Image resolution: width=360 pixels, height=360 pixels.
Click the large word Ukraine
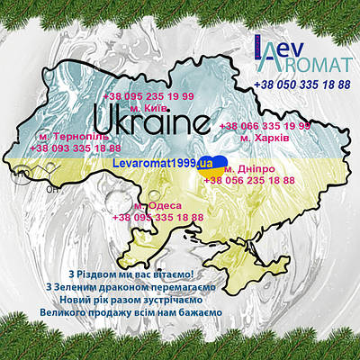152,121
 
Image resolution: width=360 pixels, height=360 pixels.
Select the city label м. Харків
264,139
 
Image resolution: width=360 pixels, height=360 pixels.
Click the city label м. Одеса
157,205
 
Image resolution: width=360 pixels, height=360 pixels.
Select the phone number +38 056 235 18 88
248,180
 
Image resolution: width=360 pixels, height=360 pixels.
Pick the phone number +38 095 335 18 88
157,217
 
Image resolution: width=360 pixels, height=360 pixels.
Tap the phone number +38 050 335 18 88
302,84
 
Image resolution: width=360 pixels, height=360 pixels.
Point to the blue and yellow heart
218,163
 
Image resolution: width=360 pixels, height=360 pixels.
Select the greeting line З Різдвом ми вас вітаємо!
130,274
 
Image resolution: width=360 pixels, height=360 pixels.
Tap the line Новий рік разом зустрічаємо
130,300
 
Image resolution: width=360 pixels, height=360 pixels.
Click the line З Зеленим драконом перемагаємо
130,287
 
